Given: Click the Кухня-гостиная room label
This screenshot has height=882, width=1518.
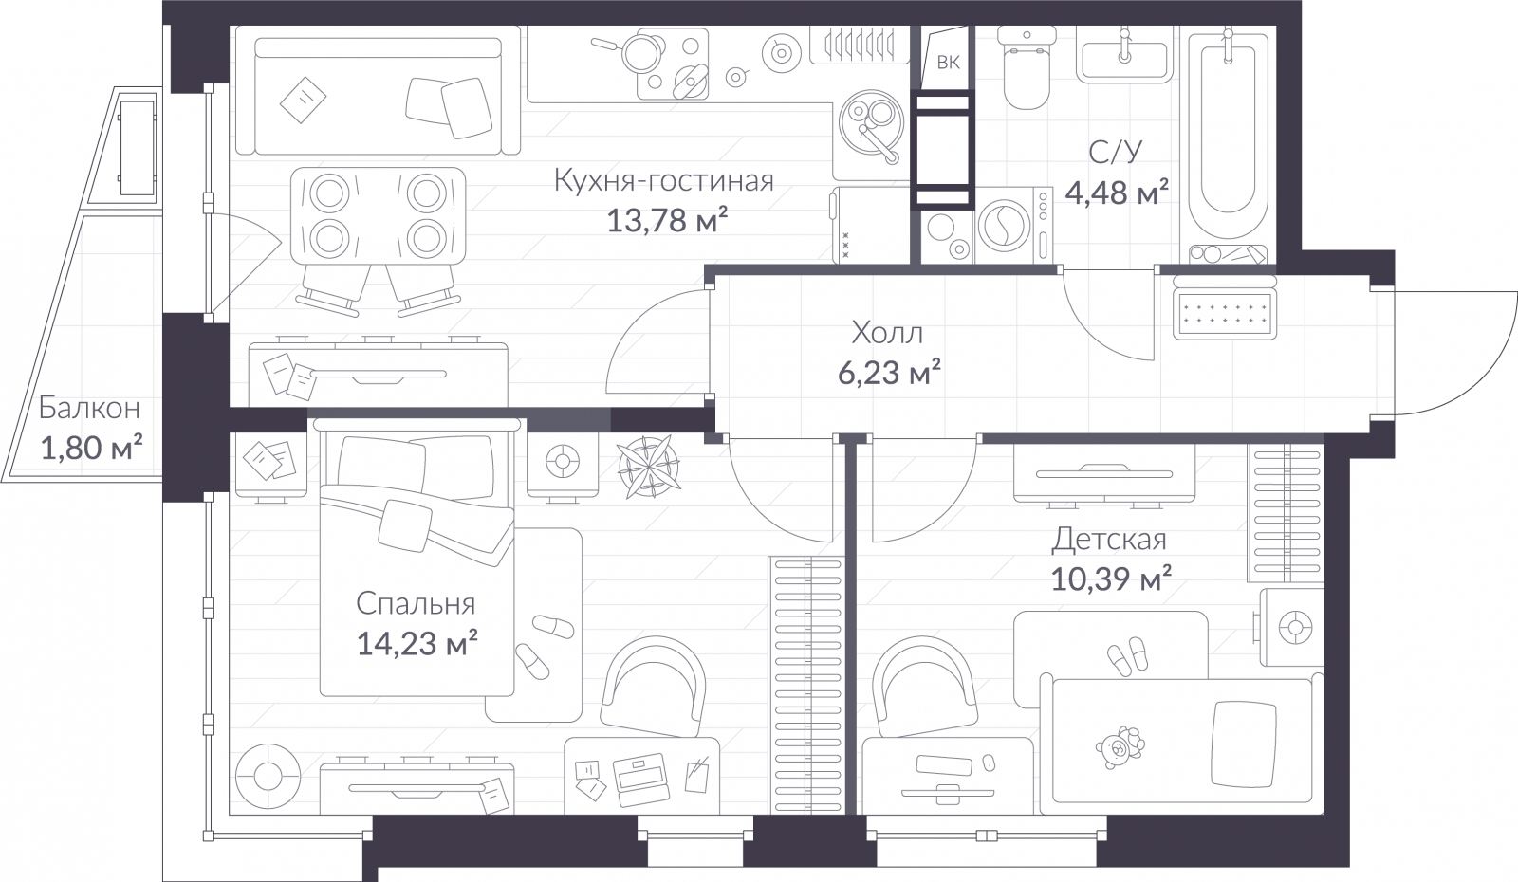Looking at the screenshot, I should [663, 180].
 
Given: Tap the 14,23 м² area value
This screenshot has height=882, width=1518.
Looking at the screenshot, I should [417, 645].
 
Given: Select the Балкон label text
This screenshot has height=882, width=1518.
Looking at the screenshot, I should [90, 408].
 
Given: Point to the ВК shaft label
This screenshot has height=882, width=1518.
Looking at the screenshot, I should [948, 64].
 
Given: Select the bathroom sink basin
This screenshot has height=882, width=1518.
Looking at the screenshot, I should [1124, 59].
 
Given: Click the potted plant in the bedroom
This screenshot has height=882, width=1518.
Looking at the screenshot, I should [650, 467].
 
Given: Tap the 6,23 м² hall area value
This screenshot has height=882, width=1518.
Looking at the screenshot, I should [888, 374].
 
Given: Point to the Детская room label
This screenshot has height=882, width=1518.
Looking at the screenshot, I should [1108, 540].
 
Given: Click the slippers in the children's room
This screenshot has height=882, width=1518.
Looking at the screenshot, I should [1126, 654].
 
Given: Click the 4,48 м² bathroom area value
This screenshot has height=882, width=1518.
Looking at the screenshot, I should [1116, 193].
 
